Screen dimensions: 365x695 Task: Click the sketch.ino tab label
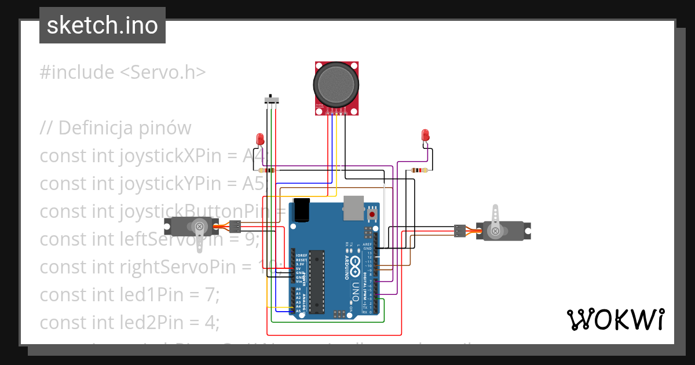[x=102, y=25]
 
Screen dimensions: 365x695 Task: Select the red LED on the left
[x=260, y=140]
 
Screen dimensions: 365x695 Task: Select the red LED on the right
[x=426, y=136]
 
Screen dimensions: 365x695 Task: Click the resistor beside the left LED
[x=268, y=170]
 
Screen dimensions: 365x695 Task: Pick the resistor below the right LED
[x=419, y=170]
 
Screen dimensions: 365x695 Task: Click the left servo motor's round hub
[x=200, y=226]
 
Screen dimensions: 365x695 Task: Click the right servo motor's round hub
[x=496, y=231]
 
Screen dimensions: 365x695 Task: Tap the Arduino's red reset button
[x=371, y=215]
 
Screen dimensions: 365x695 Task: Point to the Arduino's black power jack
[x=301, y=210]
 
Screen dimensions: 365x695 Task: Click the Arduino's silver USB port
[x=353, y=208]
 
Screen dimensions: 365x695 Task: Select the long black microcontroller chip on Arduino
[x=316, y=280]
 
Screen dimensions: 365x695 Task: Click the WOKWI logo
[x=615, y=319]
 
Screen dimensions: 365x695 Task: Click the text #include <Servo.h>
[x=122, y=72]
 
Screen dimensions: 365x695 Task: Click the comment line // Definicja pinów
[x=115, y=127]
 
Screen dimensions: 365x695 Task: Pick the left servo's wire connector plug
[x=235, y=227]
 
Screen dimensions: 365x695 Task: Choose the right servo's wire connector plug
[x=460, y=231]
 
